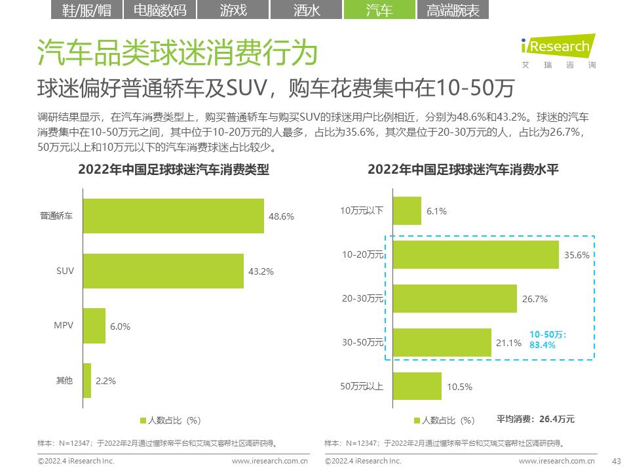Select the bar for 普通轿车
[173, 216]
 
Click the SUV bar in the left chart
[163, 271]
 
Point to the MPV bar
[94, 326]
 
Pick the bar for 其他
[87, 380]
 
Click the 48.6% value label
[281, 216]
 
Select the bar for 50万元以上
[417, 386]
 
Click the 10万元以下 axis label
[362, 210]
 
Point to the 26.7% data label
[535, 299]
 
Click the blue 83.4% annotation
[542, 344]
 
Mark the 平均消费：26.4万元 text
[535, 419]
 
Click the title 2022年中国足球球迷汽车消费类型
[174, 169]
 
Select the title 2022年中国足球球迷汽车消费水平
[463, 169]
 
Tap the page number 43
[615, 461]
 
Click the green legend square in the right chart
[417, 420]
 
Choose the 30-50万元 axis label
[362, 343]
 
